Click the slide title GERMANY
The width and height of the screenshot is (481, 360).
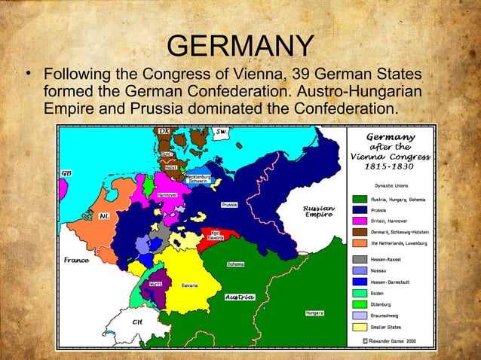(240, 47)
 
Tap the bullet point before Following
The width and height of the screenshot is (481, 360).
(27, 76)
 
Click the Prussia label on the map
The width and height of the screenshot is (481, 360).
(230, 204)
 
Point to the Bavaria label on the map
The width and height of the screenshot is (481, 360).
(189, 286)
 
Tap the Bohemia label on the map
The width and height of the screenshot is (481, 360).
(235, 264)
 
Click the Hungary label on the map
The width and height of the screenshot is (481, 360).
(314, 313)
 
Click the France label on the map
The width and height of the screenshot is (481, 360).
(76, 261)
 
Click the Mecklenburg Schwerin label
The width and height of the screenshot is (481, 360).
(198, 178)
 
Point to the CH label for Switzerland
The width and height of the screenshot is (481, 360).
(137, 322)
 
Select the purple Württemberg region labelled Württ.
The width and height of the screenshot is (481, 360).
(155, 287)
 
